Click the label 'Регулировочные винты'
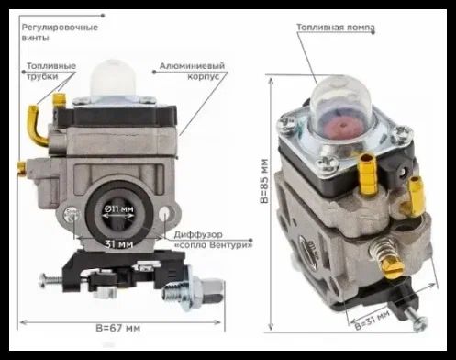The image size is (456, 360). coord(60,32)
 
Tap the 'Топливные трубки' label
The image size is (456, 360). coord(51,71)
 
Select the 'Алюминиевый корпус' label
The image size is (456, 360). coord(192,71)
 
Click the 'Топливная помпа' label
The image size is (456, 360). coord(336,28)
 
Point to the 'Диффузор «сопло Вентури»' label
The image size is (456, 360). coord(213,240)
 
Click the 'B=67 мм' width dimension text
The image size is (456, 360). coord(118,328)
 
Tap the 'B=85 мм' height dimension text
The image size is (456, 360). coord(264,181)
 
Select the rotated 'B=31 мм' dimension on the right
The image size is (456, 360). coord(373,320)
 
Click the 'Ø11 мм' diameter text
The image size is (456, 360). coord(118,208)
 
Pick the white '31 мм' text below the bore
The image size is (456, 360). coord(119,244)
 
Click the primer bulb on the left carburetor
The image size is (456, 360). coord(113,77)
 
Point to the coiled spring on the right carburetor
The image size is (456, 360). coord(384,250)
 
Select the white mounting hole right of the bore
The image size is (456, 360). coord(164,213)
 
